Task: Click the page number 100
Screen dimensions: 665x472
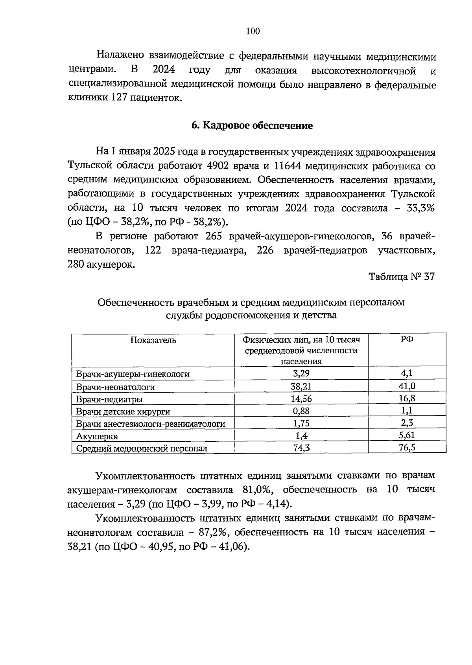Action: click(x=253, y=31)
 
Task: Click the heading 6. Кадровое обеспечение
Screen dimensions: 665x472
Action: click(x=252, y=126)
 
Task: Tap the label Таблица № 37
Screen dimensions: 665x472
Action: click(x=402, y=277)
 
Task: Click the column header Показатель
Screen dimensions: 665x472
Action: click(x=153, y=340)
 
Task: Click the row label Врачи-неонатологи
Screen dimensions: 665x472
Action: click(x=115, y=387)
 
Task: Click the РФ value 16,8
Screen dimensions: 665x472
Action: click(x=407, y=399)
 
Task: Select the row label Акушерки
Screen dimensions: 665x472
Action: click(x=97, y=436)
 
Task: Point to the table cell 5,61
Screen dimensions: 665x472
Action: click(x=407, y=435)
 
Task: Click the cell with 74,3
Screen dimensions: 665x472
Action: click(x=301, y=448)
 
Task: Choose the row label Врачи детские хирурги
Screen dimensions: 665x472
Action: click(x=123, y=412)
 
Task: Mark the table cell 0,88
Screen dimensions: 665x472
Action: click(x=301, y=411)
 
